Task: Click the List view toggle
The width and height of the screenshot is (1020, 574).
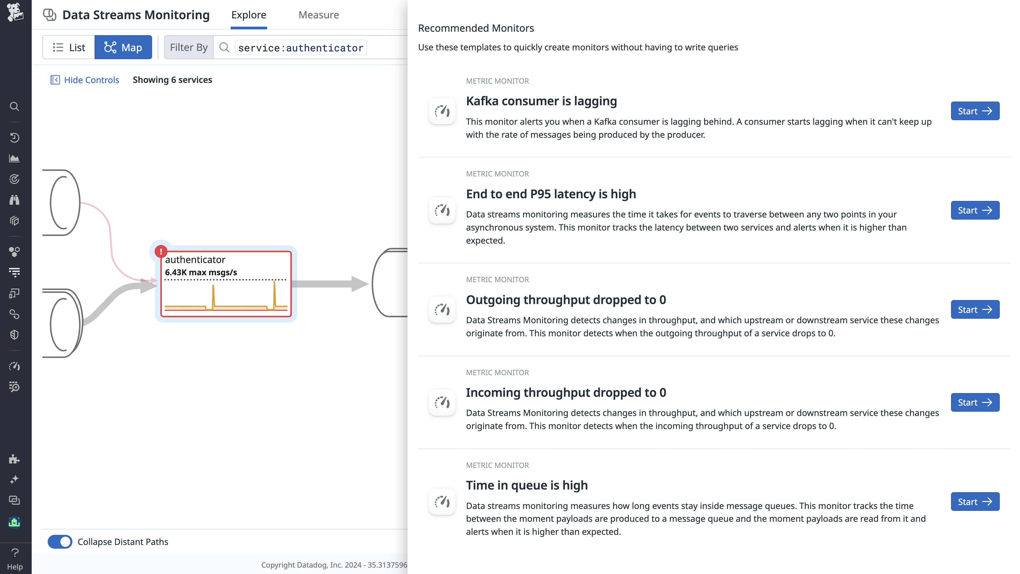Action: pos(69,47)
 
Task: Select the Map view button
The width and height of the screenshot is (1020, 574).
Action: pos(123,47)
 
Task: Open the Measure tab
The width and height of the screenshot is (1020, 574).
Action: pos(318,15)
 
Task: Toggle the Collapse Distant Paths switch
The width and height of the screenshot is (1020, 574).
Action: pos(60,541)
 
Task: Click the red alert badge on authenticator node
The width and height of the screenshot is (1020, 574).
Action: pos(161,251)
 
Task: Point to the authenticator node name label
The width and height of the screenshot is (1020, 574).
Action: pos(195,260)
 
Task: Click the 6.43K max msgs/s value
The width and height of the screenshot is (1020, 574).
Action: pos(201,273)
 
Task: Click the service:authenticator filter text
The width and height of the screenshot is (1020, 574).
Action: pos(300,48)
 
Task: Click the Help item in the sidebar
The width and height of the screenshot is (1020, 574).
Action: pos(15,559)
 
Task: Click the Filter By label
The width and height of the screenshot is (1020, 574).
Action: pos(189,47)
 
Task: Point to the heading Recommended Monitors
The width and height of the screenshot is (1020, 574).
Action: pos(476,28)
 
